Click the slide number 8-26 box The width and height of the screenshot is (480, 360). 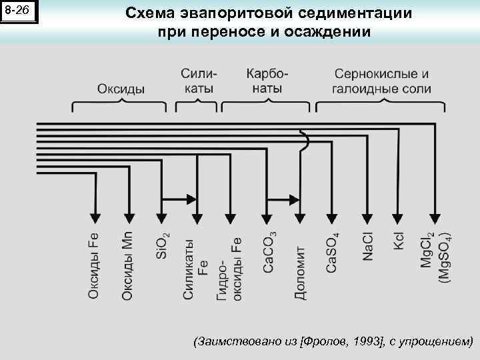pos(19,11)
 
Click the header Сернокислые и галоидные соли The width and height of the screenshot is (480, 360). pos(381,81)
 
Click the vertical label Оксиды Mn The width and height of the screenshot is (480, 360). pos(127,265)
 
